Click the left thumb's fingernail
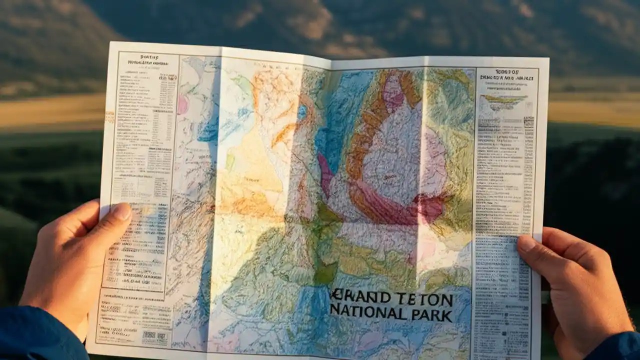[x=122, y=212]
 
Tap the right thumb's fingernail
[x=526, y=243]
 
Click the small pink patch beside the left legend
[x=182, y=105]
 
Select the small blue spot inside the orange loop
[x=302, y=112]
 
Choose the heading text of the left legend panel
[x=148, y=60]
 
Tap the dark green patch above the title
[x=324, y=272]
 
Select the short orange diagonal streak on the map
[x=284, y=135]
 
